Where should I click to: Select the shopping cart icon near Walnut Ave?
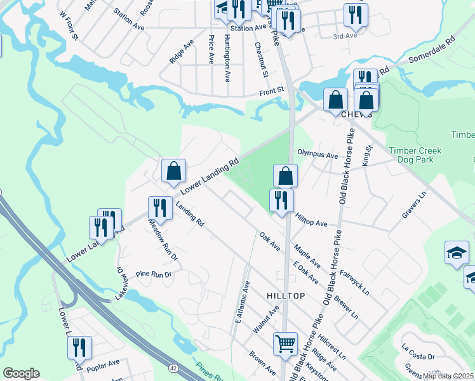coord(285,344)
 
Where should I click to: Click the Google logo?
coord(21,373)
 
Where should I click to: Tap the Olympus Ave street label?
coord(318,154)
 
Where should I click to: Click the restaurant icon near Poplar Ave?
coord(79,347)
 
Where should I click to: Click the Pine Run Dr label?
coord(154,275)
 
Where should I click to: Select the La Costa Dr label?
coord(418,356)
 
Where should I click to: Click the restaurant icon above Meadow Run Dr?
coord(159,208)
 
